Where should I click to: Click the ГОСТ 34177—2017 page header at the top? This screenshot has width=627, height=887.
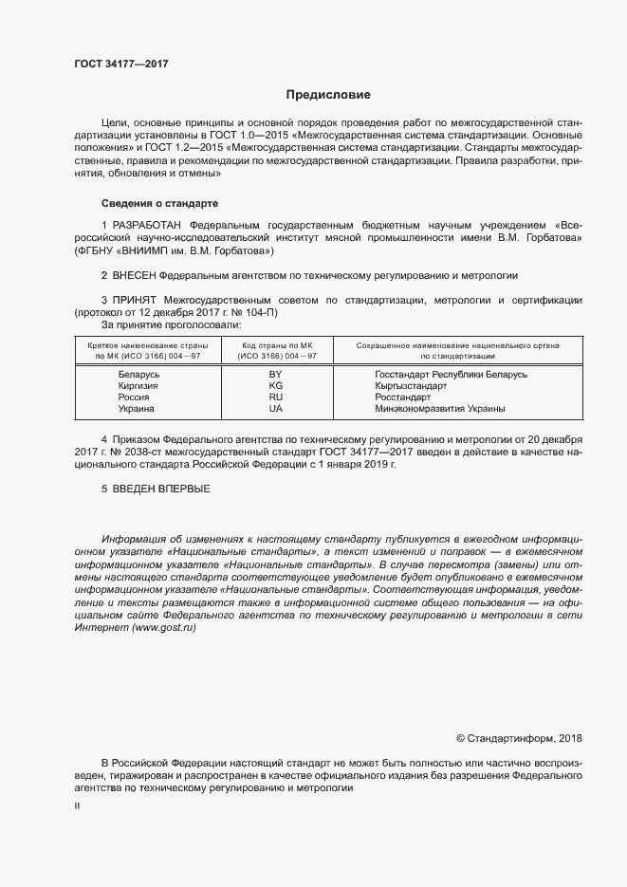pyautogui.click(x=120, y=65)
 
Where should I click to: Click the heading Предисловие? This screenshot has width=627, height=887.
pyautogui.click(x=328, y=95)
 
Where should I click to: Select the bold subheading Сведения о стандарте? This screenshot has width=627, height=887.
pyautogui.click(x=159, y=203)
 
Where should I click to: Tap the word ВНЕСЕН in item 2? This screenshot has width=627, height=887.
pyautogui.click(x=133, y=275)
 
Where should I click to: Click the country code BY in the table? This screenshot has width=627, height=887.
pyautogui.click(x=276, y=375)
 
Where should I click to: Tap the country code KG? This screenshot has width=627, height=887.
pyautogui.click(x=276, y=386)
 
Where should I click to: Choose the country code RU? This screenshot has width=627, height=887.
pyautogui.click(x=276, y=397)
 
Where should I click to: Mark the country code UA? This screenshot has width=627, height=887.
pyautogui.click(x=276, y=409)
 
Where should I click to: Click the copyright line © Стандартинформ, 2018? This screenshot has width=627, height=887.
pyautogui.click(x=519, y=738)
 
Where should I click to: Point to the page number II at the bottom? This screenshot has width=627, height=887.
pyautogui.click(x=77, y=805)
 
